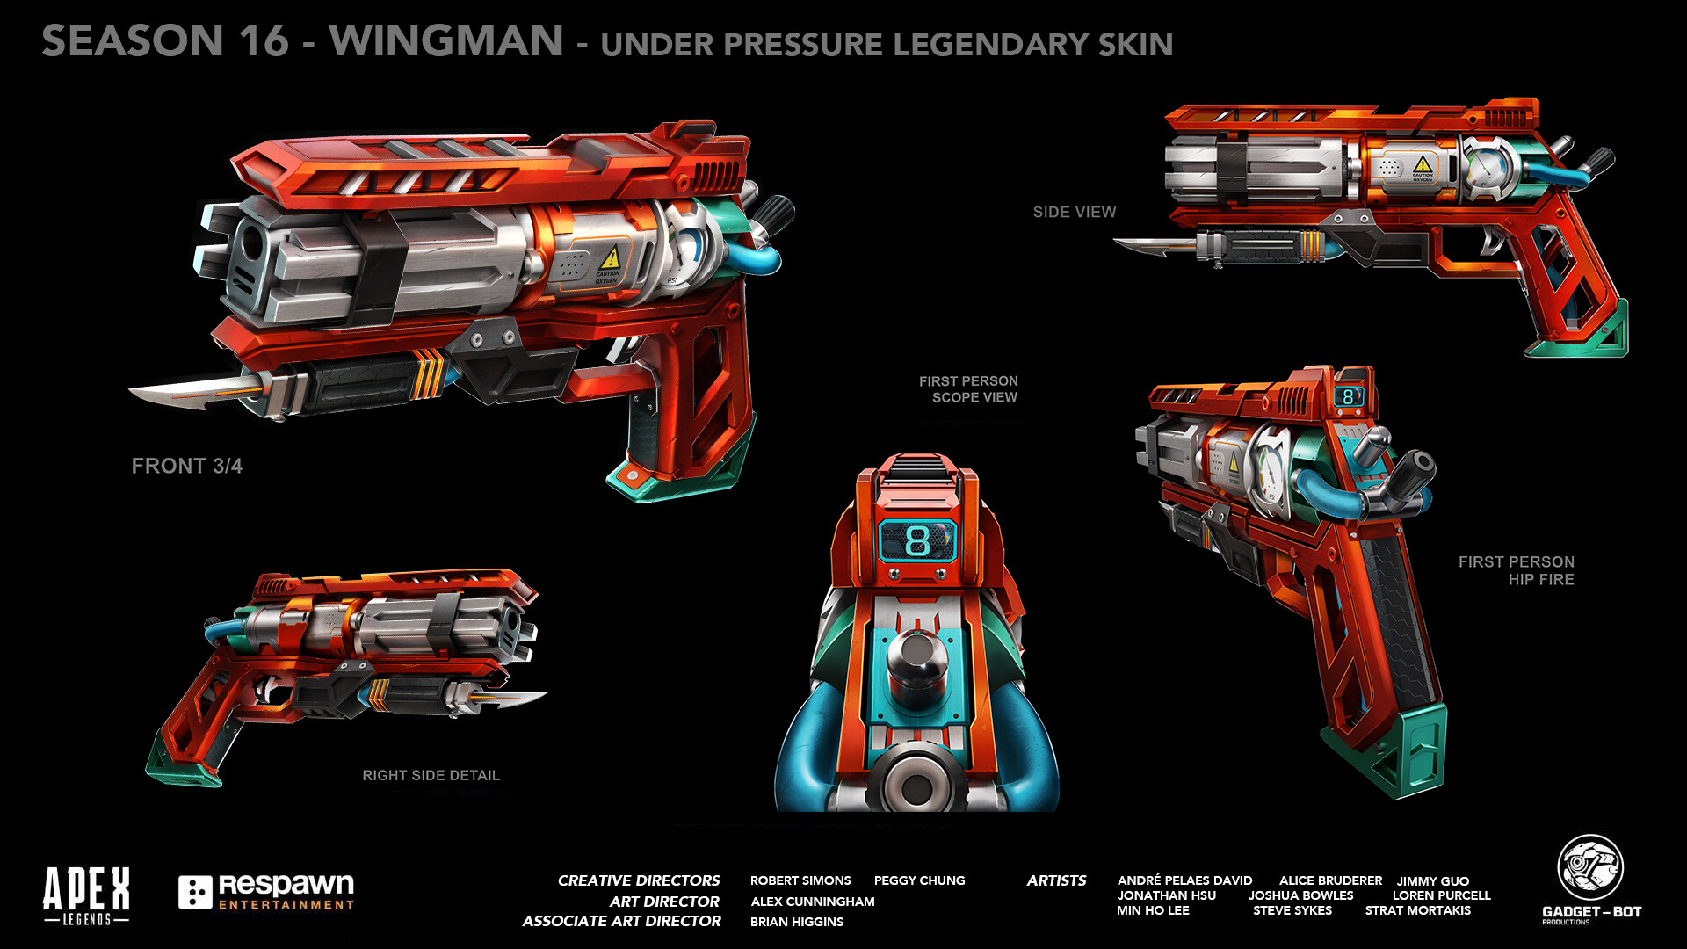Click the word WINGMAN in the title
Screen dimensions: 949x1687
pos(446,41)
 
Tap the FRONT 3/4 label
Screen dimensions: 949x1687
pos(186,466)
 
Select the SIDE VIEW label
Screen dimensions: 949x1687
pos(1074,212)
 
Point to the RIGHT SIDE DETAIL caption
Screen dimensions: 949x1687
pos(431,775)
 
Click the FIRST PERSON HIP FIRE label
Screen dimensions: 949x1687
pos(1516,570)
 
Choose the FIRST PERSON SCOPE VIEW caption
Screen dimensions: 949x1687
pos(968,389)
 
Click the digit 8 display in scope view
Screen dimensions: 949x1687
pos(916,540)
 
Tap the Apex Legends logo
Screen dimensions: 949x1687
pos(86,895)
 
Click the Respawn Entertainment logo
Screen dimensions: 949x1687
pos(266,891)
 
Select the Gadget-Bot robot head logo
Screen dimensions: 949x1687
pos(1590,867)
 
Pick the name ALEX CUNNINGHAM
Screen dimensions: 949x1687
pos(813,902)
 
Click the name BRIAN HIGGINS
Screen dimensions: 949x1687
pos(797,922)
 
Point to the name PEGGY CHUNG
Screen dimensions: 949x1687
pos(919,880)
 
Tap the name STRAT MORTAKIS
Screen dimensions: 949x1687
pos(1417,910)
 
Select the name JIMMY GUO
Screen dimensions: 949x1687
pos(1432,880)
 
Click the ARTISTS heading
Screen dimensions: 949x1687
pos(1056,880)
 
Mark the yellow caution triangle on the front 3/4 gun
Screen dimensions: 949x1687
pos(610,258)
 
